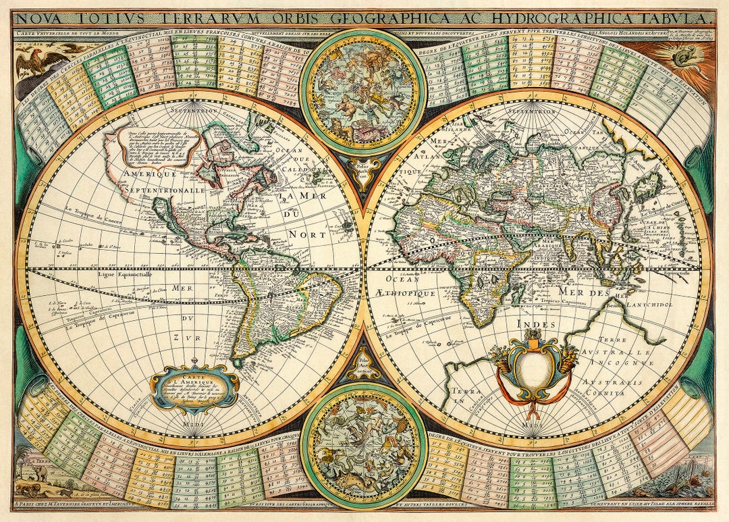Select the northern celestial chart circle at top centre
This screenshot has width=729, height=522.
pos(362,92)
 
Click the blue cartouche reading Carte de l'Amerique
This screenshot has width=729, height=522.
pos(194,388)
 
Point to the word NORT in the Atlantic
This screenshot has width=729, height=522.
pos(308,234)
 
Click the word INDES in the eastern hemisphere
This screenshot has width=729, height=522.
pos(537,325)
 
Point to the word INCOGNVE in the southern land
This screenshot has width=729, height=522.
pos(622,363)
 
